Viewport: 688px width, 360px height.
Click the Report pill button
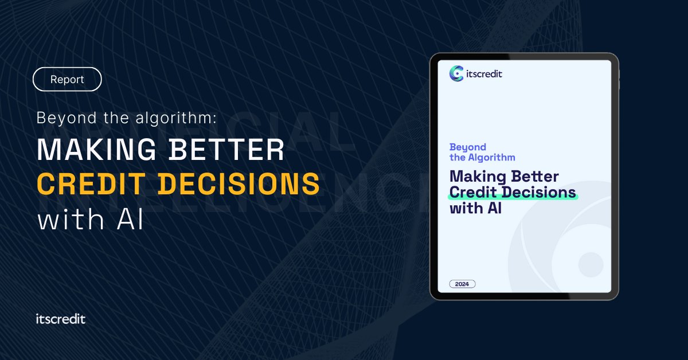[67, 80]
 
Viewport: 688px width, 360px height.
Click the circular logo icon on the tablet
[457, 73]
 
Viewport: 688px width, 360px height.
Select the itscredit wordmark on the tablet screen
[484, 73]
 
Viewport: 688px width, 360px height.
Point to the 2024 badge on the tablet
[462, 284]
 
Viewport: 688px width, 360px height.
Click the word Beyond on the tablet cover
[467, 147]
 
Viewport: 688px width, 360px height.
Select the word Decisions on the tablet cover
[537, 192]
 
